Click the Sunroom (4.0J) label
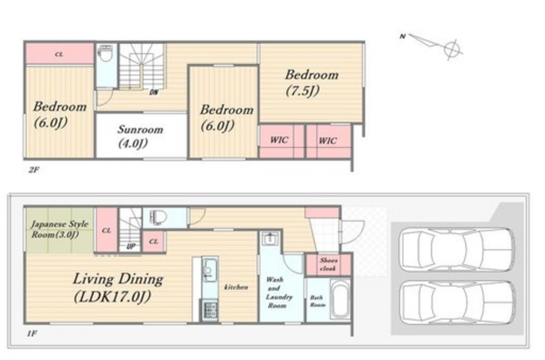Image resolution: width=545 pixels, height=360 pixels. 140,136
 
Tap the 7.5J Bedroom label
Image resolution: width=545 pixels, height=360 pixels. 312,82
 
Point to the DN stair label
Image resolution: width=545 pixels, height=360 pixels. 154,92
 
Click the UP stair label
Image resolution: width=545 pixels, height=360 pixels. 131,247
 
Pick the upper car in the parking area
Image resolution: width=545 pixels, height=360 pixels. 457,249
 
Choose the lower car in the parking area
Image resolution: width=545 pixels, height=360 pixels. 457,303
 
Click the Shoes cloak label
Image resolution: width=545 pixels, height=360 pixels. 328,265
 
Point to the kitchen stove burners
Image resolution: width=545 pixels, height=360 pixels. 210,310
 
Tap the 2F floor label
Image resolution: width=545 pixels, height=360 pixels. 34,170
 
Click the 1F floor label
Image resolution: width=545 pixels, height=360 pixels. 32,333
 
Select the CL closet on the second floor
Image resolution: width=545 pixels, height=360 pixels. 59,54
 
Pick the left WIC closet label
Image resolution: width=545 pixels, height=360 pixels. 279,140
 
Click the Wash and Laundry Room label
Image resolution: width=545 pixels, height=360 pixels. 279,292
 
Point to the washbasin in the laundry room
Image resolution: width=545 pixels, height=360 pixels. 269,239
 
